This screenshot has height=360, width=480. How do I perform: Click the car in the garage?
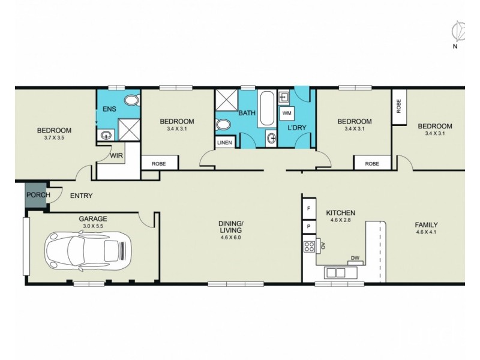88,251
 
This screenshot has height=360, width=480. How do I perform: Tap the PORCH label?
38,194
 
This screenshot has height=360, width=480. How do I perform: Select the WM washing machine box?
287,113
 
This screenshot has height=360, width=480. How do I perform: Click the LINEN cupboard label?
224,143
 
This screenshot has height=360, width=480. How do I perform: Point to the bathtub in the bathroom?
267,109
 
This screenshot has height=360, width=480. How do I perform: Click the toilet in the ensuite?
133,100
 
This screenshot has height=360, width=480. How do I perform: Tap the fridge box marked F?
308,208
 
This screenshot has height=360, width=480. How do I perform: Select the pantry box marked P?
308,227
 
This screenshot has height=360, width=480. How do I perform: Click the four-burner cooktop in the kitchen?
309,247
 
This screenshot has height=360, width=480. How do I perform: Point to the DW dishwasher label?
355,258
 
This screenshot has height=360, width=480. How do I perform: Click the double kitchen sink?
336,272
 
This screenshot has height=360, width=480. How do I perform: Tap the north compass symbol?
458,32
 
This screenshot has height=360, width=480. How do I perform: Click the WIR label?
116,155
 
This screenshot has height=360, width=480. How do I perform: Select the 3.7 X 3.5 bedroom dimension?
54,138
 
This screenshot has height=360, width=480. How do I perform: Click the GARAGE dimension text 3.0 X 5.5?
93,226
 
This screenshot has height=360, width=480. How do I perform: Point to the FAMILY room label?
427,224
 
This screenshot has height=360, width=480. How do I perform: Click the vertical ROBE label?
398,106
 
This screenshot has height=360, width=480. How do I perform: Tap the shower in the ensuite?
129,130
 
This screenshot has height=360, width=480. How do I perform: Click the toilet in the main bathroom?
223,125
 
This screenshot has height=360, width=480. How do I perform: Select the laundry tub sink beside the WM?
284,98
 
